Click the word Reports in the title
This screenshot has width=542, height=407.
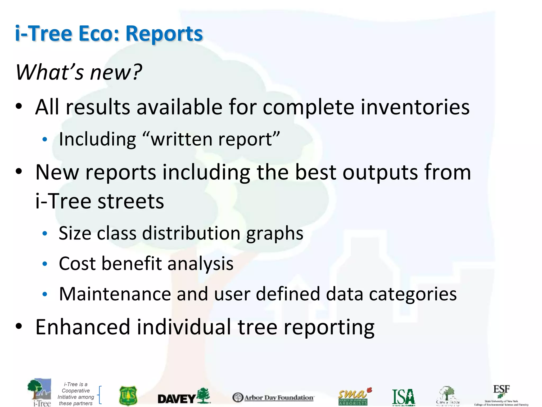point(164,34)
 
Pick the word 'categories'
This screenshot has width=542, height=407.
point(413,294)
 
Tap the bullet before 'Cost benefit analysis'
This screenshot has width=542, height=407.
point(45,264)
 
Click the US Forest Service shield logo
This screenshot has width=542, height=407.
point(128,396)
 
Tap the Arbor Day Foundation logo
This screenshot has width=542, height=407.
point(273,397)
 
